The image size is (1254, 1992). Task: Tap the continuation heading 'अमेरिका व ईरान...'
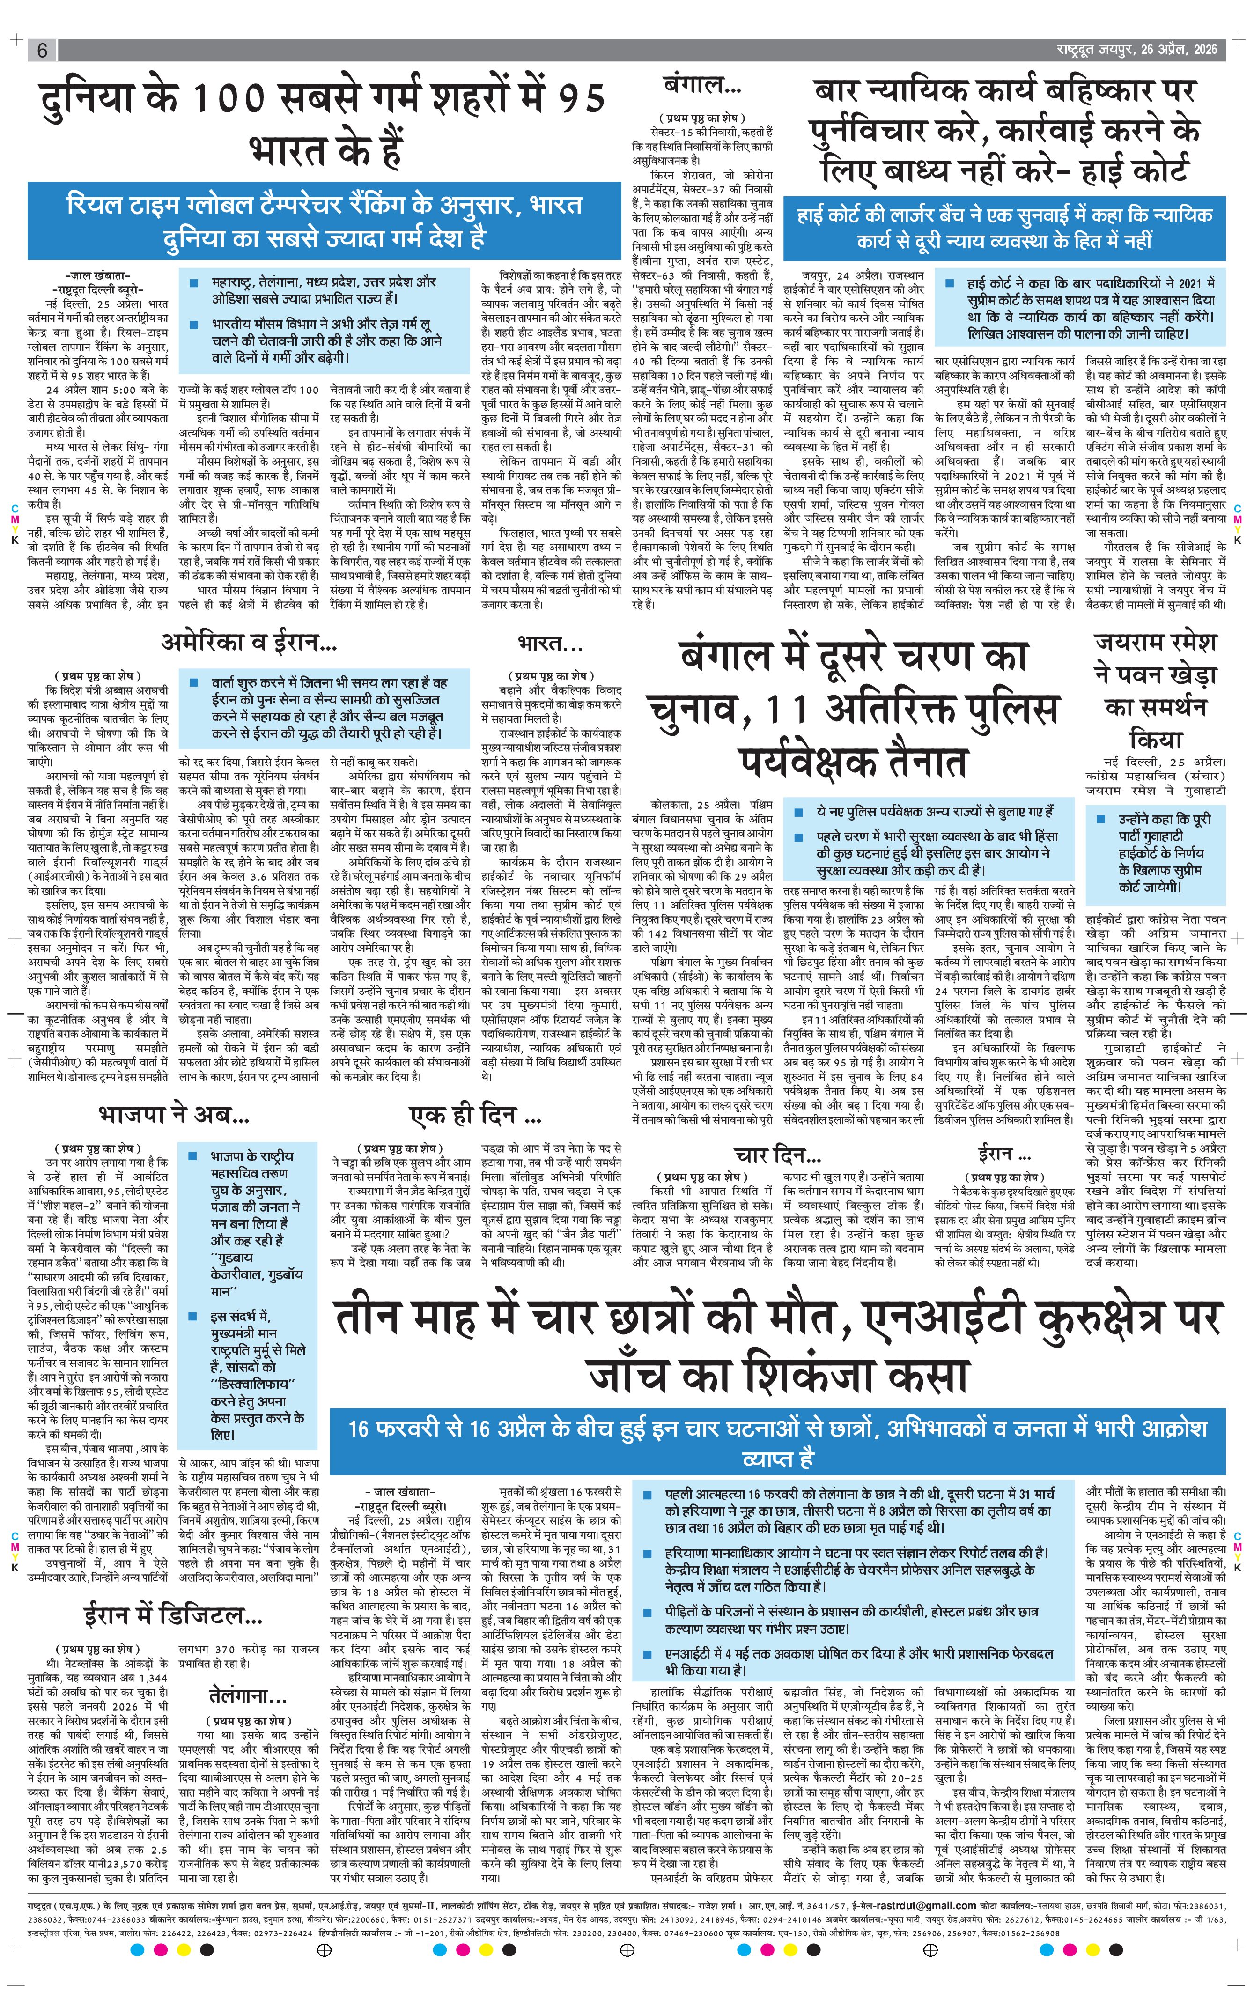[x=248, y=643]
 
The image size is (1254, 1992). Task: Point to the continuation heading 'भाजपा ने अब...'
[x=174, y=1114]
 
